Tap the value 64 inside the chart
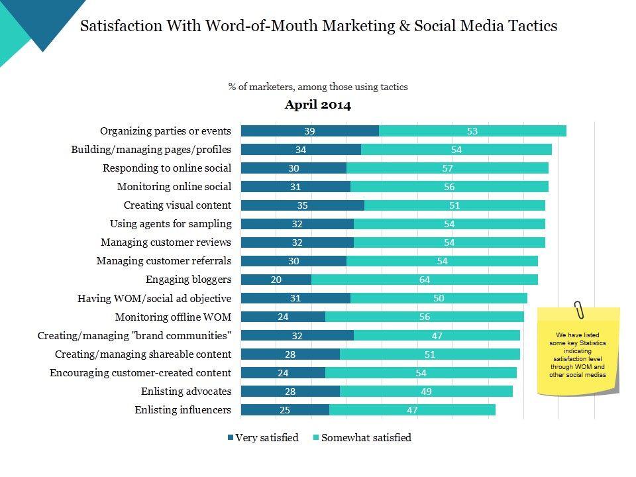pos(425,280)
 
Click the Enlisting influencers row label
pos(183,410)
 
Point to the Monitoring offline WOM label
pos(173,317)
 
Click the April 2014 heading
pos(318,105)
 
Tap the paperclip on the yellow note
pos(580,309)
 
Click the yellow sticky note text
pos(578,355)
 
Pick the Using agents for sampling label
pos(170,224)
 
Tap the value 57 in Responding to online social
pos(447,168)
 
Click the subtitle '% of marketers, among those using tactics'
pos(318,87)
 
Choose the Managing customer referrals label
pos(164,261)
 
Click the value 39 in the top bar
pos(309,131)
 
